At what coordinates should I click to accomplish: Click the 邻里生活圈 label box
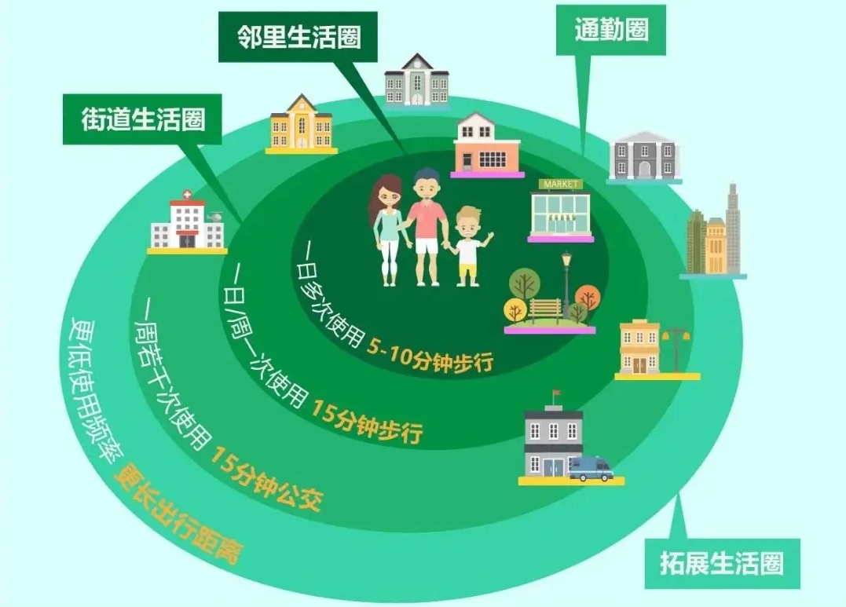298,38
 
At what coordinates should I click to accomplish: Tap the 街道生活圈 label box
142,119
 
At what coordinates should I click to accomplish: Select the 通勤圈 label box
611,30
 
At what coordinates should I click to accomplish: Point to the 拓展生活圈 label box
723,563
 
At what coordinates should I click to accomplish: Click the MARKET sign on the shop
561,185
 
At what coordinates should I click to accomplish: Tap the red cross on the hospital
187,194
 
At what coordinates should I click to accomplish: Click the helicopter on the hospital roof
214,216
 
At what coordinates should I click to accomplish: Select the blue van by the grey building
591,468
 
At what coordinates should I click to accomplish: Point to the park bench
545,311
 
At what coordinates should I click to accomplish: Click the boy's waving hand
489,237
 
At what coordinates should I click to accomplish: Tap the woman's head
387,191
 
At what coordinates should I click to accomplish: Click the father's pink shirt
427,219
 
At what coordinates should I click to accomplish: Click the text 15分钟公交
266,479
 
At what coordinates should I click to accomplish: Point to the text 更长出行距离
178,515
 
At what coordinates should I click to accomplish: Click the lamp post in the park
566,285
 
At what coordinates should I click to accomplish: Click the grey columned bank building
644,156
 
